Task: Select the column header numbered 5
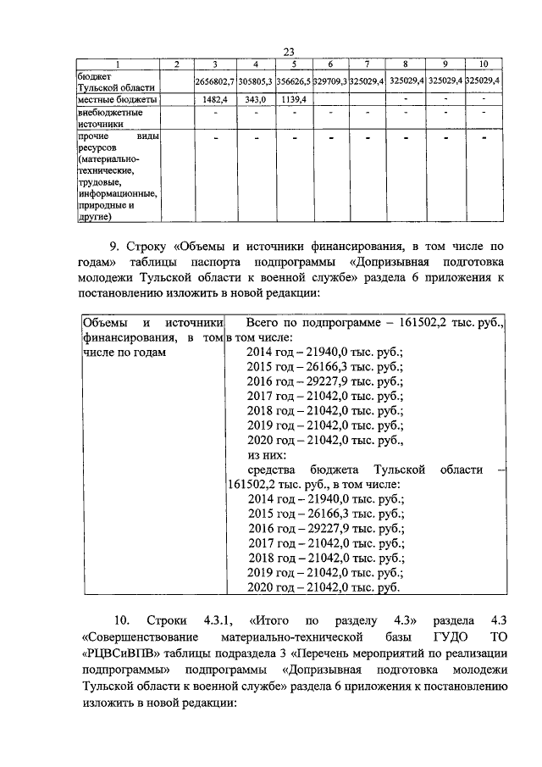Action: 292,65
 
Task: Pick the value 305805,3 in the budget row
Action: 255,81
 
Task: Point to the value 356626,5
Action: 292,81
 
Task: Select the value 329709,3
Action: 330,81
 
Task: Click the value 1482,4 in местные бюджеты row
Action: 218,99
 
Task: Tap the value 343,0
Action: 255,99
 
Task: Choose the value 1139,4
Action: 292,99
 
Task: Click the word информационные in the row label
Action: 117,192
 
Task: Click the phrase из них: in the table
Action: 268,453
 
